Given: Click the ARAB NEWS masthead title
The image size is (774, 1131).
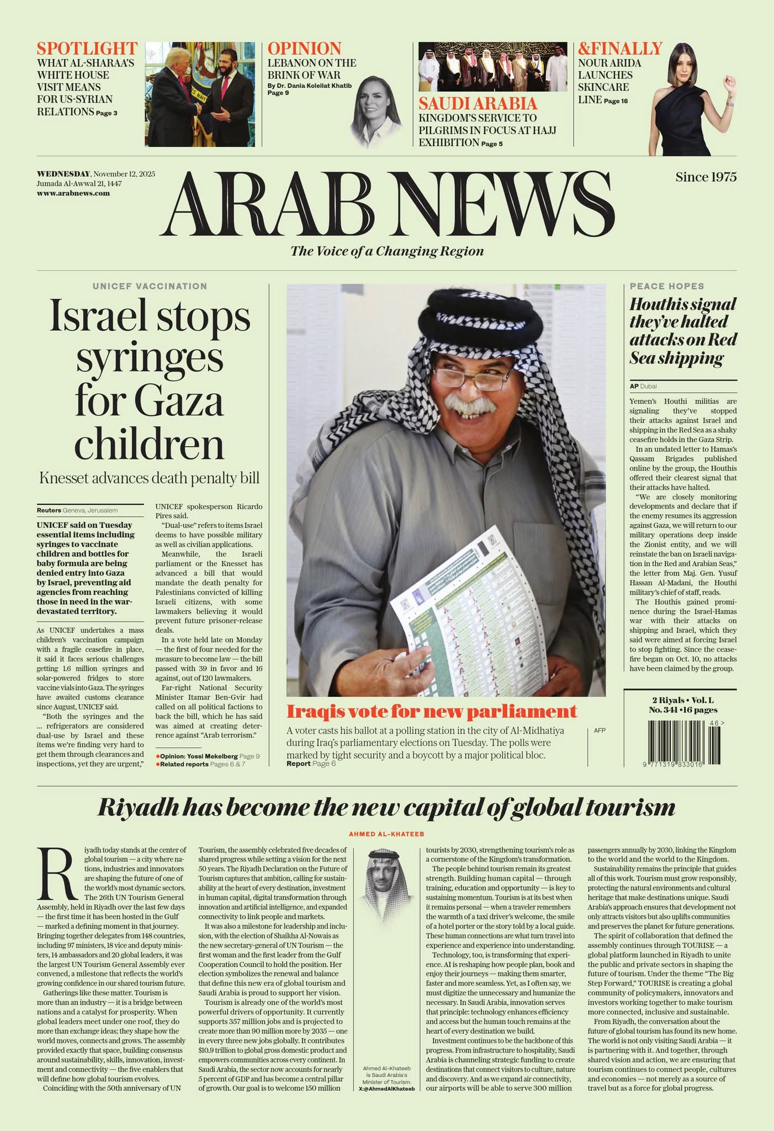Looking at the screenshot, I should click(388, 204).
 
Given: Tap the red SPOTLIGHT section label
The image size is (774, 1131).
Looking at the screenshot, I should click(87, 49).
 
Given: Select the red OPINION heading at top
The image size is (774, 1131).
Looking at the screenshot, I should click(304, 49).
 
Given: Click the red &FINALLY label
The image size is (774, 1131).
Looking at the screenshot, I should click(620, 49).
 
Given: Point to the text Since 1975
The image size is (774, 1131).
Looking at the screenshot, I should click(706, 177).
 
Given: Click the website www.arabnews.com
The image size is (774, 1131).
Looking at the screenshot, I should click(73, 193).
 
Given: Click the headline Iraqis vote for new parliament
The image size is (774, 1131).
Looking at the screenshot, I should click(432, 711).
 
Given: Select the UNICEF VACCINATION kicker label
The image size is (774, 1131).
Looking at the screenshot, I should click(150, 286).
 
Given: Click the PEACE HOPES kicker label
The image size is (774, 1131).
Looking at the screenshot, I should click(667, 286).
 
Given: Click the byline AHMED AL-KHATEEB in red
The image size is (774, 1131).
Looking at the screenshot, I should click(386, 834).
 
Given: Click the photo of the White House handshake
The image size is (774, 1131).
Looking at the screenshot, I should click(200, 94).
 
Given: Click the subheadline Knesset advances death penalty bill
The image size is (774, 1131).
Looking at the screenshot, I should click(149, 478).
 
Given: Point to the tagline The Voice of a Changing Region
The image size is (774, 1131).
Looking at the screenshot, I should click(387, 251).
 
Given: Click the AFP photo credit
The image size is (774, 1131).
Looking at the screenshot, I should click(600, 730).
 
